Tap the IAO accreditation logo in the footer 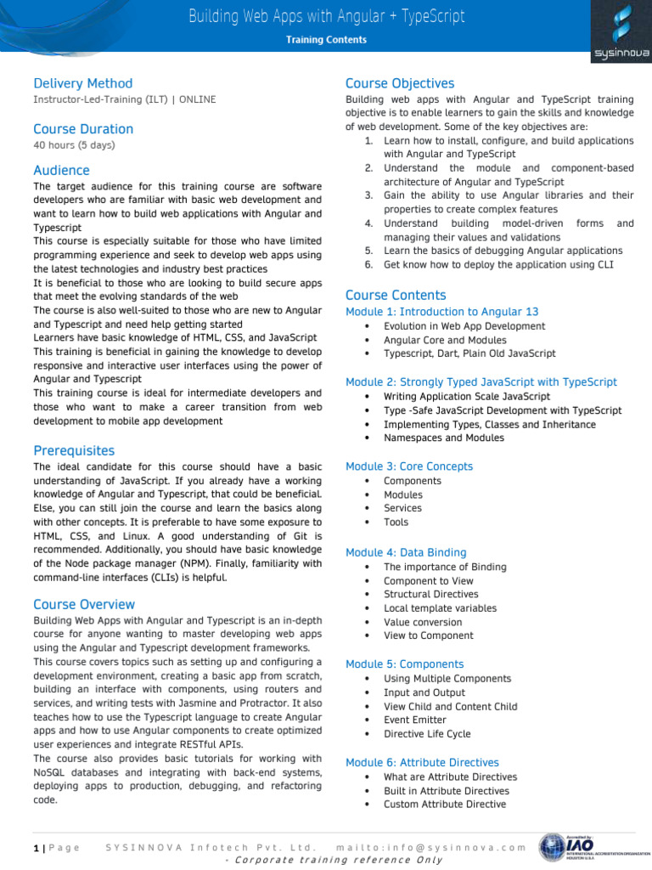[x=587, y=848]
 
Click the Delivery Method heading [x=83, y=83]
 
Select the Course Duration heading [x=83, y=129]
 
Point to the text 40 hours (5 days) [x=74, y=145]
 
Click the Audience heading [x=61, y=170]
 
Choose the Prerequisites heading [x=74, y=450]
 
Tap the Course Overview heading [x=84, y=604]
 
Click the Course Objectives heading [x=400, y=83]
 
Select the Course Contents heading [x=396, y=295]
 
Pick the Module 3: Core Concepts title [x=409, y=466]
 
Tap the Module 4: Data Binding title [x=406, y=552]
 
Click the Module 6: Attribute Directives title [x=422, y=762]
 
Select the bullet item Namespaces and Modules [x=443, y=438]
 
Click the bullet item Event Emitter [x=415, y=720]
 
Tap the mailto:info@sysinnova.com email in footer [x=431, y=847]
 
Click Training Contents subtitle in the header [x=326, y=40]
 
